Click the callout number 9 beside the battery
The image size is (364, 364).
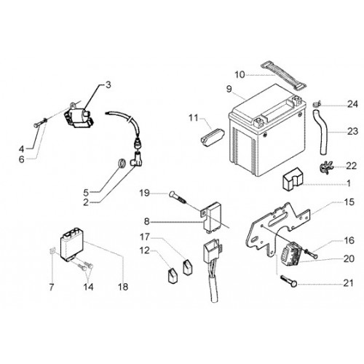(x=229, y=89)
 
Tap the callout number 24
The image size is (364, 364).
(x=352, y=104)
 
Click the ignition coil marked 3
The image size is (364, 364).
(x=78, y=117)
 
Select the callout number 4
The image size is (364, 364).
(x=22, y=149)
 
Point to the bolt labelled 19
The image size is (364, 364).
(x=178, y=199)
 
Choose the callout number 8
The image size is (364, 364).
(x=146, y=221)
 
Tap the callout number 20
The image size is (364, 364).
(x=349, y=258)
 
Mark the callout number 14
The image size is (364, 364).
(x=88, y=287)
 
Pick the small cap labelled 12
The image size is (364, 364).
(x=173, y=275)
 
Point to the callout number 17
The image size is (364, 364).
(x=145, y=237)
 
